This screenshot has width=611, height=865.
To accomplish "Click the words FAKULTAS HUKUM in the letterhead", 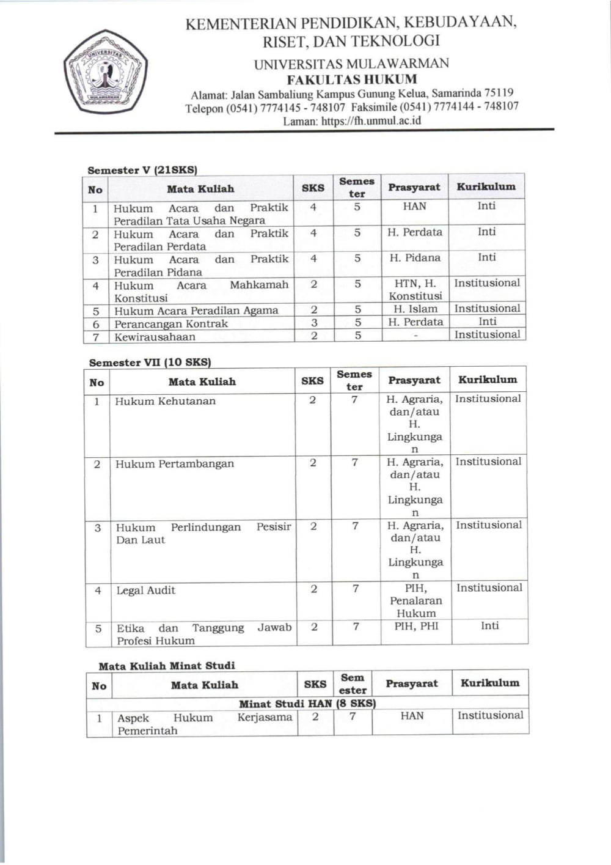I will [x=352, y=79].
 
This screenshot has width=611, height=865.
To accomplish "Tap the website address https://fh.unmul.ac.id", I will [x=371, y=120].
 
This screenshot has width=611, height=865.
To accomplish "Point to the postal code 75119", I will [x=499, y=93].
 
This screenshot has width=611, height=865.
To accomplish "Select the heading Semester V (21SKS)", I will [x=142, y=170].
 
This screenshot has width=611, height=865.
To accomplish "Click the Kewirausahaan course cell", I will [x=155, y=336].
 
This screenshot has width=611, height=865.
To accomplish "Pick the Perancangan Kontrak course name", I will [x=171, y=323].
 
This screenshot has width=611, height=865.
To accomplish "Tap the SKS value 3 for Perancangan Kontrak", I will [x=314, y=322].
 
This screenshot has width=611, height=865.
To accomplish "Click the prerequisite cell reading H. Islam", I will [x=415, y=309].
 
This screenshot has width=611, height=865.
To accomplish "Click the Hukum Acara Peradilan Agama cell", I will [x=196, y=311].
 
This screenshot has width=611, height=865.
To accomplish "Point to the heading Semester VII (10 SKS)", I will [x=150, y=362].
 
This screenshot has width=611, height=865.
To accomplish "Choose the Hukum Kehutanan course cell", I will [x=166, y=401].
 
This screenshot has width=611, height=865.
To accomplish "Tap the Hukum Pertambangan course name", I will [x=175, y=463].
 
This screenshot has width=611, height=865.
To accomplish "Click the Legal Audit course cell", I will [x=146, y=590].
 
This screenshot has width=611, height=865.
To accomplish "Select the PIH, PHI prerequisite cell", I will [x=416, y=626].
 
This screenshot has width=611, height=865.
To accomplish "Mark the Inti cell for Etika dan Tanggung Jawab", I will [x=489, y=625].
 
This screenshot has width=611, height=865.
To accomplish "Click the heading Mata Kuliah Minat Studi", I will [x=166, y=665].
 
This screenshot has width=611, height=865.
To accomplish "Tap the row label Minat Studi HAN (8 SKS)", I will [x=307, y=703].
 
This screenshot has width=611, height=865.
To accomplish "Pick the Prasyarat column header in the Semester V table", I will [x=414, y=187].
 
